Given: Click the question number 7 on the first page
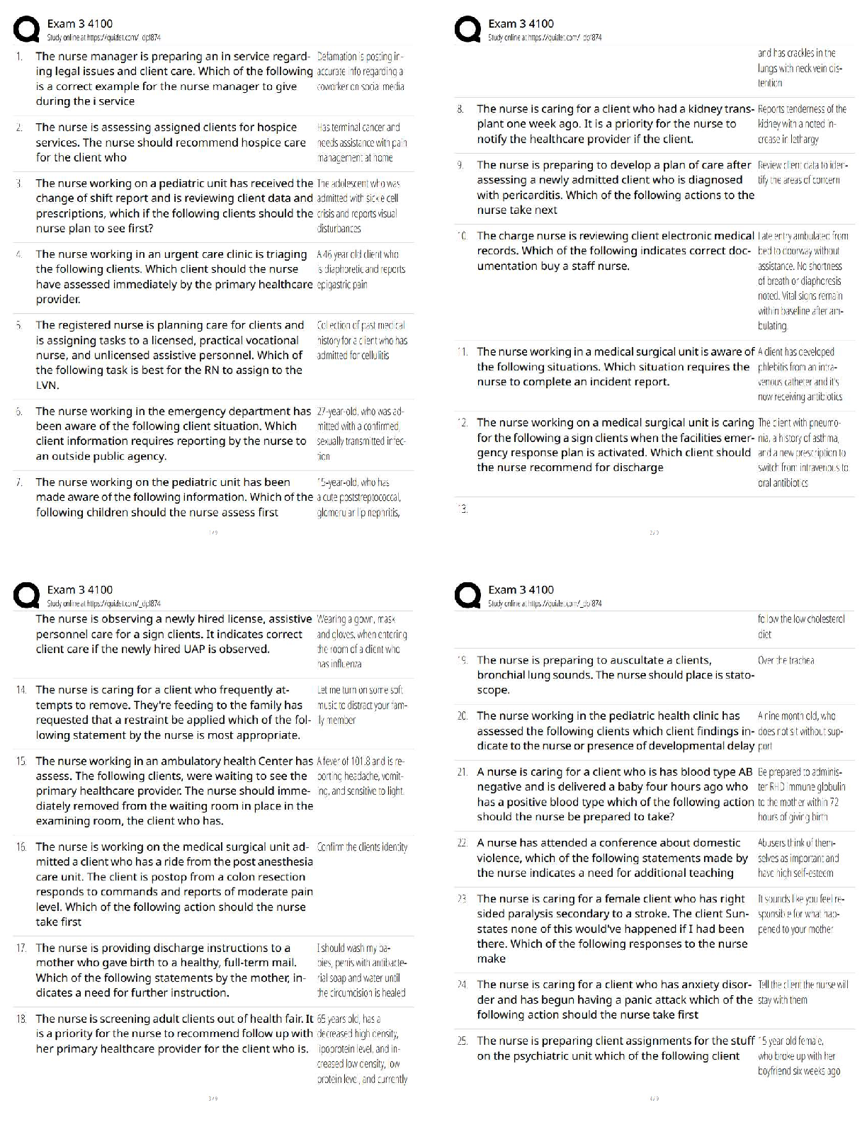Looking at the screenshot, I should [20, 482].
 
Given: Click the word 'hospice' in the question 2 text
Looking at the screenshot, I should [276, 127].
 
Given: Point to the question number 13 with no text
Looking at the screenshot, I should [463, 509].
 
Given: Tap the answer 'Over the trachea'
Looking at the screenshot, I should [786, 661].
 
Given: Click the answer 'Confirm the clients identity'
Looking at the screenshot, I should [362, 847].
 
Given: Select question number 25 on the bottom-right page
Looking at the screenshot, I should [462, 1041].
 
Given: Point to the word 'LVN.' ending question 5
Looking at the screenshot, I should [47, 385].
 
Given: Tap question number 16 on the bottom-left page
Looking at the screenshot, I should [21, 847].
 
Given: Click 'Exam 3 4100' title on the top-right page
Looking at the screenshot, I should [521, 23].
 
